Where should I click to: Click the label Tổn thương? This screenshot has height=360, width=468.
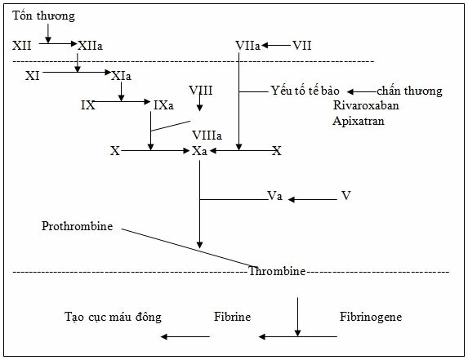pos(43,16)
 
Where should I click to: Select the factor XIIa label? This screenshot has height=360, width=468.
pos(90,46)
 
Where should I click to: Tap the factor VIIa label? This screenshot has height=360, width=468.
pos(247,46)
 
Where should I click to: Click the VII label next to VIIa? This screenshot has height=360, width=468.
pos(301,46)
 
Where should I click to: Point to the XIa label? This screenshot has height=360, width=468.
pos(121,76)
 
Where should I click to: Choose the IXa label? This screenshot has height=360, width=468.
pos(163,105)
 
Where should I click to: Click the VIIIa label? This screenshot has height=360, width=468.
pos(207,136)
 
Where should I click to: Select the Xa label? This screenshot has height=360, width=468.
pos(199,151)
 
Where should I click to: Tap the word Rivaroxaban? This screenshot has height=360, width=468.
pos(366,105)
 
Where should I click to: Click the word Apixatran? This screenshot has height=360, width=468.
pos(359,121)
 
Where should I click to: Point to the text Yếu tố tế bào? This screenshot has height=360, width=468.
pos(305,91)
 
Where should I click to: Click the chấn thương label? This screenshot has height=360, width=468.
pos(409,91)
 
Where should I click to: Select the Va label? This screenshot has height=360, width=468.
pos(275,196)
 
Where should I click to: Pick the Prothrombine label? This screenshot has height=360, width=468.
pos(78,226)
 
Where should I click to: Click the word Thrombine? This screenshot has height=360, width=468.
pos(277,271)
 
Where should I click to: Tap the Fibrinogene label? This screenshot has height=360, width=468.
pos(371,317)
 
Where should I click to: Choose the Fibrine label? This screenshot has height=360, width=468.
pos(232,317)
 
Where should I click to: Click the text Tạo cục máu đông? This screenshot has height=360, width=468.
pos(113,317)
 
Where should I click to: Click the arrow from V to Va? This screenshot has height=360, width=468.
pos(313,199)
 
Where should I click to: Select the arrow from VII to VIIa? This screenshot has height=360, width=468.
pos(276,46)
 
